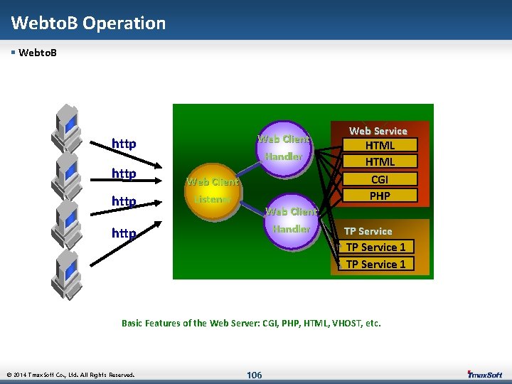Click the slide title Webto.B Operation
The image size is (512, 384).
coord(88,23)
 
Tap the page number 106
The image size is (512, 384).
coord(254,375)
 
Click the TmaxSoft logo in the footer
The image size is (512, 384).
coord(485,374)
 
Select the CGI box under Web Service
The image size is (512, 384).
coord(380,179)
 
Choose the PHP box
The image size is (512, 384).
coord(380,196)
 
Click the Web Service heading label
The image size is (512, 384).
coord(378,131)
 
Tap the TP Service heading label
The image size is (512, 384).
coord(368,231)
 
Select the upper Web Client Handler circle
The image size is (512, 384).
coord(283,147)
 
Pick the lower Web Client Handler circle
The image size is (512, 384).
coord(291,220)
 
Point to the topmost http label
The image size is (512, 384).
coord(124,144)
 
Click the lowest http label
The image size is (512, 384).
coord(124,233)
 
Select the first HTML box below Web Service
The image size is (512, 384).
coord(380,146)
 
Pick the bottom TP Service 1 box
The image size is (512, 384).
coord(375,264)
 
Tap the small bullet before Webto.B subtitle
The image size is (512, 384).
coord(14,53)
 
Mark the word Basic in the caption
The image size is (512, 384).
coord(132,323)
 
